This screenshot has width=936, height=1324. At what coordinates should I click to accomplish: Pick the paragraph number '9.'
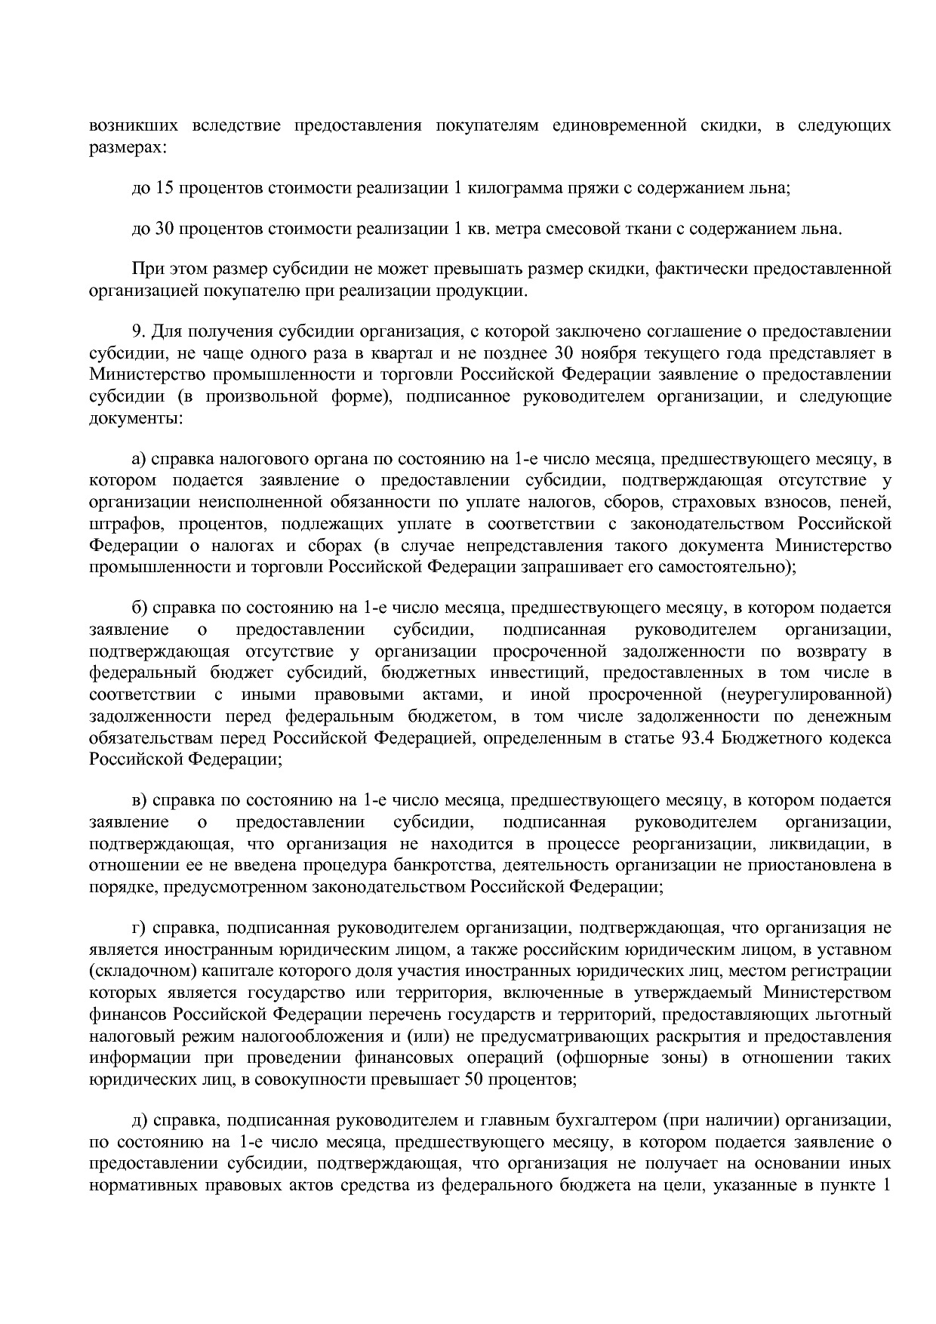pos(138,331)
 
